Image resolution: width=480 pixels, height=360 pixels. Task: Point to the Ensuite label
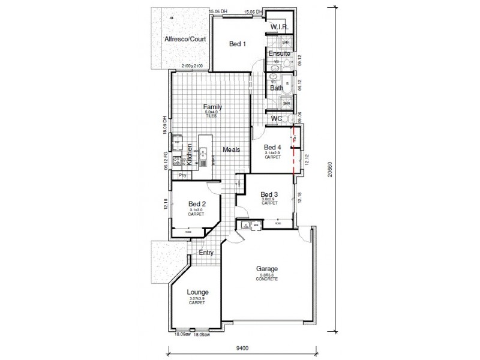click(x=279, y=53)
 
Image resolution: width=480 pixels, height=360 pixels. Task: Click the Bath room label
click(x=277, y=88)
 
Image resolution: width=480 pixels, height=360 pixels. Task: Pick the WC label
click(x=276, y=119)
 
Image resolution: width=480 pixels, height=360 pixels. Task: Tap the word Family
click(x=212, y=106)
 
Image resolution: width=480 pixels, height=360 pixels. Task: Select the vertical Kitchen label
click(x=189, y=155)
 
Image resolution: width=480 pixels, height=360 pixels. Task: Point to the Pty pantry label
click(x=183, y=175)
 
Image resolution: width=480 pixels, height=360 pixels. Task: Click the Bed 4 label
click(x=272, y=148)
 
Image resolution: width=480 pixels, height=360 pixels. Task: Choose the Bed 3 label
click(x=269, y=194)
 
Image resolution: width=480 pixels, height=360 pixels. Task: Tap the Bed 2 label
click(x=197, y=204)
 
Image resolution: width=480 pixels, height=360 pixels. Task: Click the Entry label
click(x=206, y=253)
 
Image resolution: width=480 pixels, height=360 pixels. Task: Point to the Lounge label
click(x=197, y=292)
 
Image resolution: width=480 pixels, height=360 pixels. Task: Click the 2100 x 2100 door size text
click(x=192, y=65)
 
